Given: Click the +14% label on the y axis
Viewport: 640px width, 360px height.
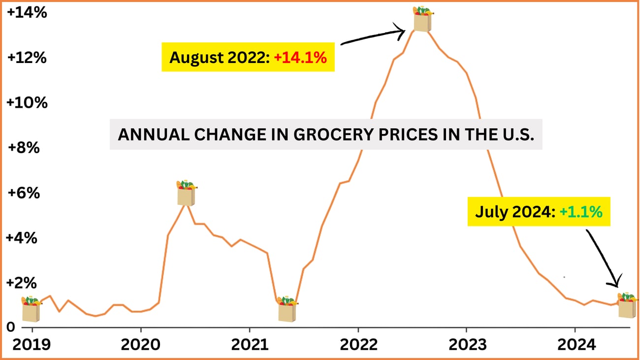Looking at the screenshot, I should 27,13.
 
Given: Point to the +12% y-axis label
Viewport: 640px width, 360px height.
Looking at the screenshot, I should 27,58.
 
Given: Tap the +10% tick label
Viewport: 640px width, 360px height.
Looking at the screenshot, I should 27,103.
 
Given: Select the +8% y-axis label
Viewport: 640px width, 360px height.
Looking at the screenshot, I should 24,147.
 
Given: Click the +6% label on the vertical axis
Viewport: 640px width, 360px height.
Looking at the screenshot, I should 24,193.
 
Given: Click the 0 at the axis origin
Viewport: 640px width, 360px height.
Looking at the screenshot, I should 10,327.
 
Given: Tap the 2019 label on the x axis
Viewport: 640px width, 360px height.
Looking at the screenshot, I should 31,345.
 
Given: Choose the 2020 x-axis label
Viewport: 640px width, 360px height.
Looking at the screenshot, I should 140,345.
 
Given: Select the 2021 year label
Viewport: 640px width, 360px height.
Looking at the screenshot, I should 249,345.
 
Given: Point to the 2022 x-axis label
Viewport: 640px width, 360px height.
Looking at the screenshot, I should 358,345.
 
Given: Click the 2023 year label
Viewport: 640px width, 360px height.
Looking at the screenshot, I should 466,345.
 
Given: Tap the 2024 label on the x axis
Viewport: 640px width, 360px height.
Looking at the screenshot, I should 575,345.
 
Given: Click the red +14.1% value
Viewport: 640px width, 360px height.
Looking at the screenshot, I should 300,58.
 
